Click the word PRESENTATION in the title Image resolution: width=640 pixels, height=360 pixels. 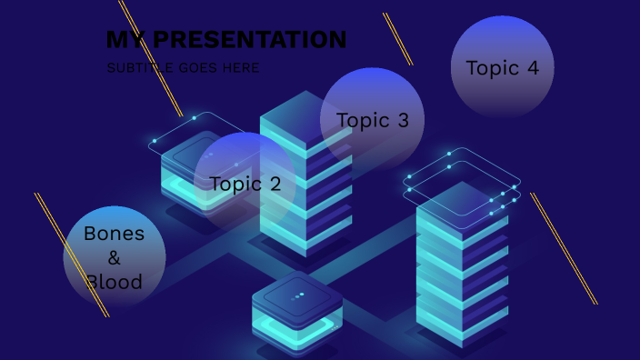tap(248, 40)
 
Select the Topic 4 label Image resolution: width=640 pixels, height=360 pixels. tap(502, 68)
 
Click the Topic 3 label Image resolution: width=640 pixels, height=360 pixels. tap(372, 120)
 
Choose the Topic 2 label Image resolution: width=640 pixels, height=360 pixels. tap(245, 184)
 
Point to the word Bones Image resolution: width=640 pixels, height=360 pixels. tap(114, 234)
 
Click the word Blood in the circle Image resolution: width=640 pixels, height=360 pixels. tap(115, 282)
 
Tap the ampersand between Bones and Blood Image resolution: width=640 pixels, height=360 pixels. tap(114, 257)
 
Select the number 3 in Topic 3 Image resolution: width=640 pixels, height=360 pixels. tap(402, 120)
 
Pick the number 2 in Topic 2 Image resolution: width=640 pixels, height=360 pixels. tap(275, 184)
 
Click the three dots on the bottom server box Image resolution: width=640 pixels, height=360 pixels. tap(297, 296)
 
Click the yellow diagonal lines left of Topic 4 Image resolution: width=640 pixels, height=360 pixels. tap(397, 38)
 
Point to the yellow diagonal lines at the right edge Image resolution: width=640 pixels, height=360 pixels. tap(564, 248)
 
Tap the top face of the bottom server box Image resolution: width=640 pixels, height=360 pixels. tap(297, 293)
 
